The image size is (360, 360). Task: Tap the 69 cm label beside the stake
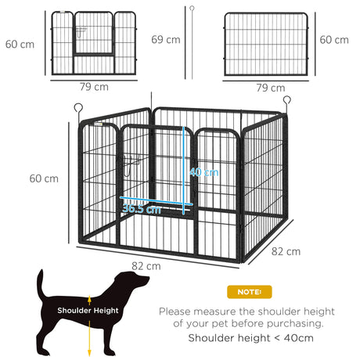[x=166, y=39]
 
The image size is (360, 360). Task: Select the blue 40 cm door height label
[x=204, y=172]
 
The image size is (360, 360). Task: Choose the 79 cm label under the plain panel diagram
[x=270, y=88]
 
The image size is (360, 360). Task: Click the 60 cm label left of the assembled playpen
[x=43, y=178]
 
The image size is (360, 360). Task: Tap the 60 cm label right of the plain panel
[x=335, y=39]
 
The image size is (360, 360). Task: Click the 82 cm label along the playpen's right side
[x=286, y=251]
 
